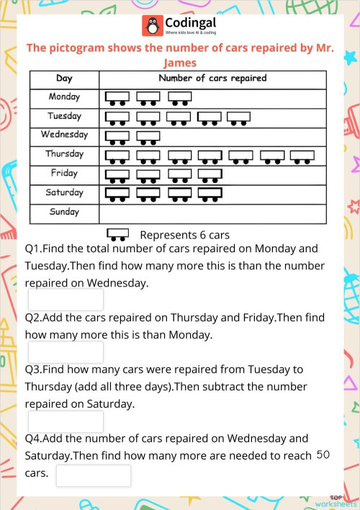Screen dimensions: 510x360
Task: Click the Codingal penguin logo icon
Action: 152,26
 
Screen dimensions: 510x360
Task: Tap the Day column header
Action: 64,79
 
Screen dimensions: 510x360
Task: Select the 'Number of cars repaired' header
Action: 212,78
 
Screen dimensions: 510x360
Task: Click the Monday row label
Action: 64,97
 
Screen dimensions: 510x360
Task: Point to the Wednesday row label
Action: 64,135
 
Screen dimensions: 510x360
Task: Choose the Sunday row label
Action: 64,212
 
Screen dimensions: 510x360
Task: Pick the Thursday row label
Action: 64,154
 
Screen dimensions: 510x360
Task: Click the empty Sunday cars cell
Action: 212,213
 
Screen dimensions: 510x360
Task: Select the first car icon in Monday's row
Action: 117,97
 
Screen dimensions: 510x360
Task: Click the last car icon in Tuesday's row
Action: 238,117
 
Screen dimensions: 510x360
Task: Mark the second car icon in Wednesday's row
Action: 148,136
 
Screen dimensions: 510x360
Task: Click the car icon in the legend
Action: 117,235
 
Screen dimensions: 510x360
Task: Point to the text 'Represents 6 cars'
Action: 184,235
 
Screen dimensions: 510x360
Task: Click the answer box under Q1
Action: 66,300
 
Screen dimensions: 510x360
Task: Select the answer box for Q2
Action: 66,352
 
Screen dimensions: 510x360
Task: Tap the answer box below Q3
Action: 66,421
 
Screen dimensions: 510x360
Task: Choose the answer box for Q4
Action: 94,475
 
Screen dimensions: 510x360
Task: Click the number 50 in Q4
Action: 323,455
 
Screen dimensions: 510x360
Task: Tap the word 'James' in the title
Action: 180,63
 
